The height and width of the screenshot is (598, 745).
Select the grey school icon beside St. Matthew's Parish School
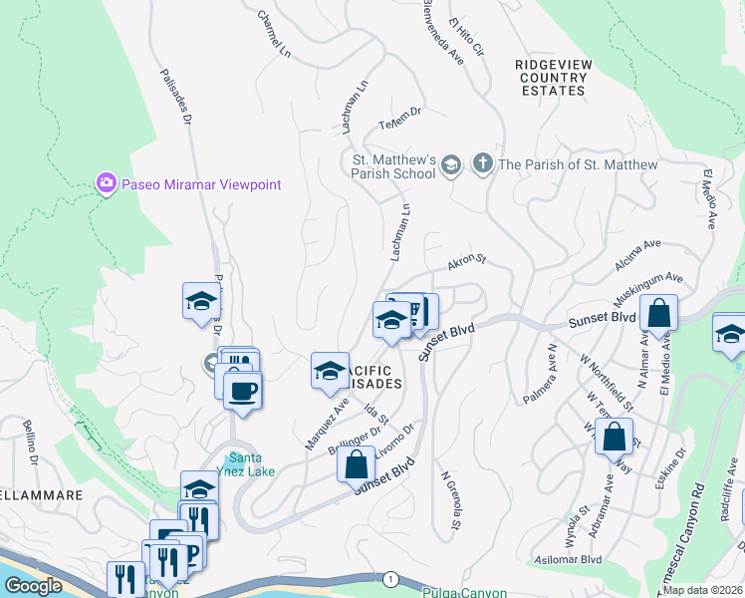coord(451,165)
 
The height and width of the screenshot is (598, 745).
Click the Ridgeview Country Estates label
coord(553,77)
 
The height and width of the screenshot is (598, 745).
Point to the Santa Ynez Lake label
coord(245,465)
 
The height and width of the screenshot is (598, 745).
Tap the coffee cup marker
coord(242,389)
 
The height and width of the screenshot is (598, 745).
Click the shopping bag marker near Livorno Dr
coord(356,463)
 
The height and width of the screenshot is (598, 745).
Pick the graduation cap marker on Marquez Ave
coord(330,372)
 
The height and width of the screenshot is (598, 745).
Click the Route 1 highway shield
coord(389,579)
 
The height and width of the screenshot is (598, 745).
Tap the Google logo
coord(33,586)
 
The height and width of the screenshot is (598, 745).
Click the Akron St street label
coord(465,262)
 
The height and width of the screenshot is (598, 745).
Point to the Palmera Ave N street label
coord(540,376)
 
